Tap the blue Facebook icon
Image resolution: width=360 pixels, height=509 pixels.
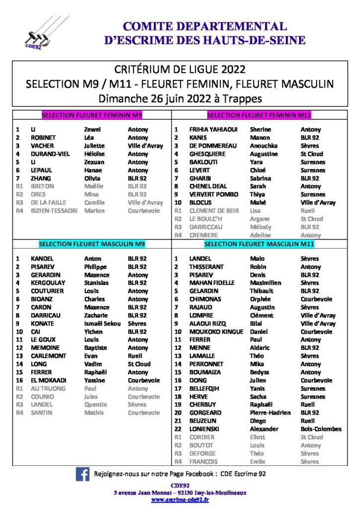point(83,474)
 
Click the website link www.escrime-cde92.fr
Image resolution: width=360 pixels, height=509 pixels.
point(180,500)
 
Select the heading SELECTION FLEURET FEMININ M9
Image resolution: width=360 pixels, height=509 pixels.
point(92,115)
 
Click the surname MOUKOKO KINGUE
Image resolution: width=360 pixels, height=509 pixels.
point(214,332)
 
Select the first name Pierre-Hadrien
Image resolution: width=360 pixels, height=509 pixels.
point(270,413)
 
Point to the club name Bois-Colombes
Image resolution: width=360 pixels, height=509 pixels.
point(321,429)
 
